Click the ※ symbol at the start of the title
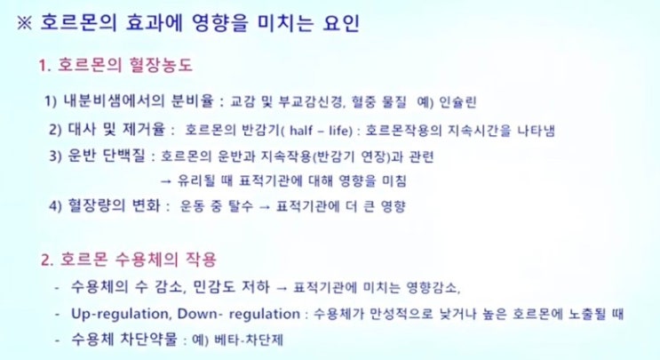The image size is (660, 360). coord(24,24)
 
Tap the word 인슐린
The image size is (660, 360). coord(457,102)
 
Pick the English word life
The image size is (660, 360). coord(339,131)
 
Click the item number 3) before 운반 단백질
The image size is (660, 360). coord(56,156)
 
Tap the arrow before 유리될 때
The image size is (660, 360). coord(166,181)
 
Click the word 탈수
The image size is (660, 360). coord(241,206)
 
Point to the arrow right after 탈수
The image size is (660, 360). coord(265,207)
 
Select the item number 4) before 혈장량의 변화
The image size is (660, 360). coord(56,206)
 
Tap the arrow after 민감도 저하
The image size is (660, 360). coord(282,288)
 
